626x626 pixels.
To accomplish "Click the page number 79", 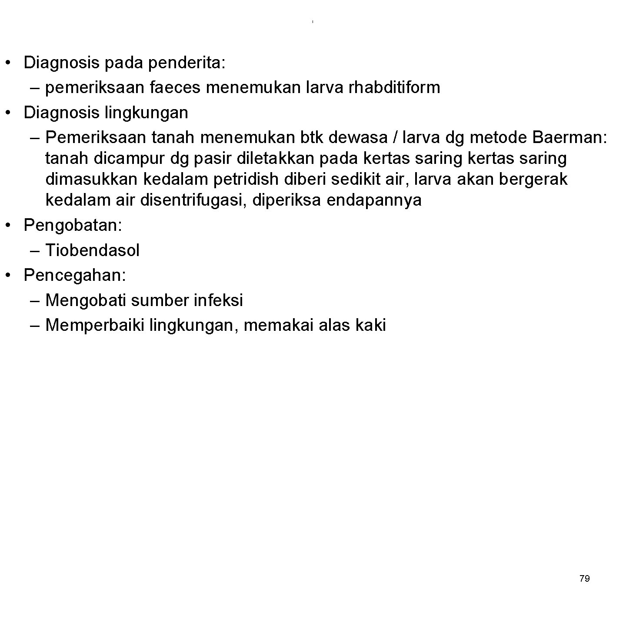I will [x=585, y=579].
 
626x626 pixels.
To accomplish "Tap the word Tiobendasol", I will [x=92, y=250].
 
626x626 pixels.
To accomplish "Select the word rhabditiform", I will [x=394, y=88].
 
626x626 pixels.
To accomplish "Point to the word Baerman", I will [x=568, y=138].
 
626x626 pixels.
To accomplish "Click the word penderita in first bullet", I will [x=186, y=63].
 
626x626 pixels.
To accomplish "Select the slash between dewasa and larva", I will [x=394, y=138].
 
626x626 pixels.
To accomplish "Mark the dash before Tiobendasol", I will [x=36, y=251].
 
